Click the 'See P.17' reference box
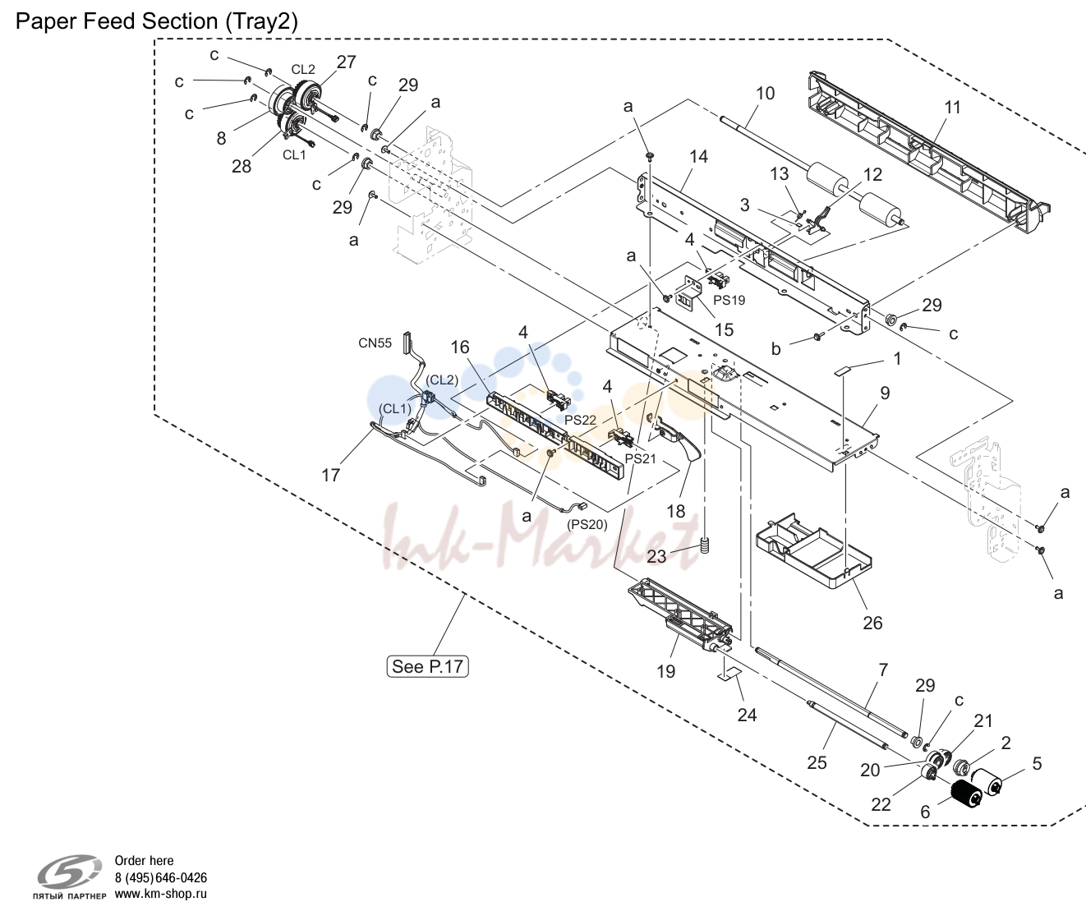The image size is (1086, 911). (x=427, y=666)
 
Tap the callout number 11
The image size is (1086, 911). (x=952, y=107)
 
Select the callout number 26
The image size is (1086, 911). (x=872, y=623)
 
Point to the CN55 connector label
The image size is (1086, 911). (x=375, y=343)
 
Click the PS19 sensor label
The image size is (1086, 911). (x=729, y=300)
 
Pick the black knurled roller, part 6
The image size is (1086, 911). (x=966, y=794)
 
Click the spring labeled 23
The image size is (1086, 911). (x=706, y=546)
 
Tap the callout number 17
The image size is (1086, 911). (x=331, y=475)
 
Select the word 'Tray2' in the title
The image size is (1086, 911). (x=261, y=22)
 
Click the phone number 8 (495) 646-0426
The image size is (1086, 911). (x=161, y=877)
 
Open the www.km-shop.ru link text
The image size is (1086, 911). (x=161, y=894)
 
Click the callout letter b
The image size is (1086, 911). (x=776, y=349)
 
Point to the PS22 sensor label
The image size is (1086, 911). (x=581, y=420)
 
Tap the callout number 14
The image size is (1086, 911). (x=699, y=156)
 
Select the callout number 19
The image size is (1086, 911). (x=665, y=671)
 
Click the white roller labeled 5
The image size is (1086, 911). (x=987, y=782)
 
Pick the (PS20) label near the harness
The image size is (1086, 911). (x=587, y=524)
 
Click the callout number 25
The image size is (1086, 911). (x=817, y=762)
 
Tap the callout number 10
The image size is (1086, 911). (x=765, y=93)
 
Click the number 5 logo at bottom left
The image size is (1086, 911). (x=69, y=871)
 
